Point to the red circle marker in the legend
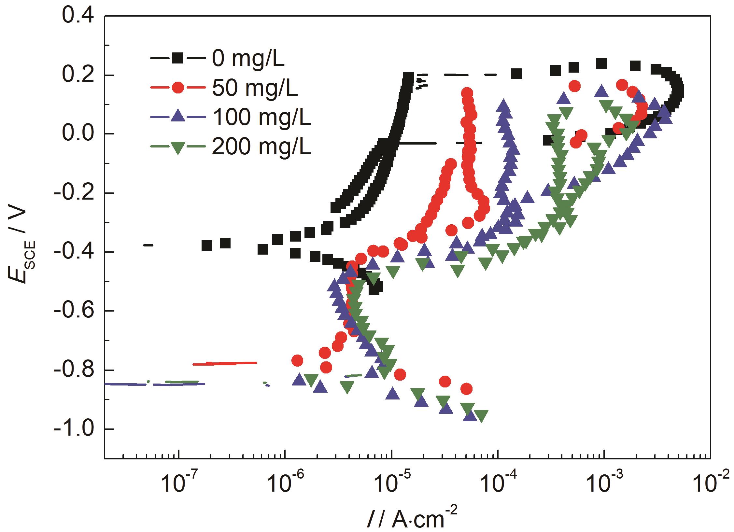click(x=178, y=88)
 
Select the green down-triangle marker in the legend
click(x=178, y=147)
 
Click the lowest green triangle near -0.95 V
click(x=481, y=416)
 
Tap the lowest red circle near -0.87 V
click(x=467, y=389)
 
